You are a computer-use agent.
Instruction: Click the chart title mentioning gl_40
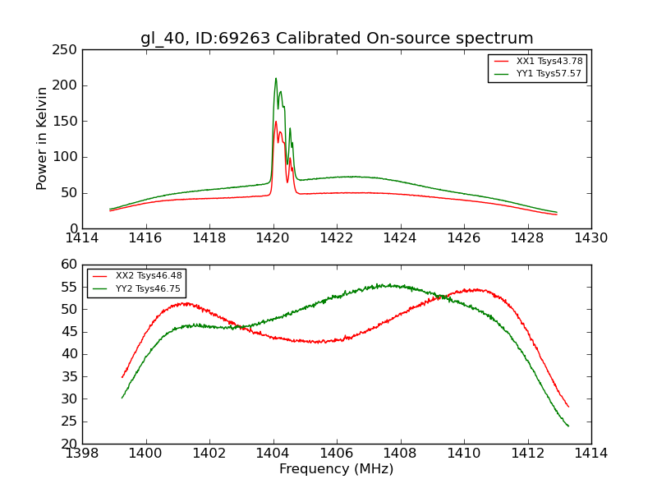tap(337, 38)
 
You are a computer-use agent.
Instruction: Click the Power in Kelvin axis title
tap(43, 139)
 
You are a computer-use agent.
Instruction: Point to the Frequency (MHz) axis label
tap(337, 469)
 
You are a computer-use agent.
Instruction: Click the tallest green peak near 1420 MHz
tap(276, 79)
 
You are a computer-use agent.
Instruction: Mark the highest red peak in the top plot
tap(276, 122)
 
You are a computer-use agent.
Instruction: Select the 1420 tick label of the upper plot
tap(273, 238)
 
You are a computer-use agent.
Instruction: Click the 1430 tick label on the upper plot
tap(591, 238)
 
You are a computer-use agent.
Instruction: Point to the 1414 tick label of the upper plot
tap(82, 238)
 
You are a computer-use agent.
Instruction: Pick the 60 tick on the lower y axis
tap(70, 265)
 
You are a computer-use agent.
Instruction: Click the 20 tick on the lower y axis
tap(70, 444)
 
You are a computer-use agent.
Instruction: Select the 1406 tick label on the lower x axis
tap(337, 454)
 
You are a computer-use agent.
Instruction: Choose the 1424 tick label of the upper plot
tap(401, 238)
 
